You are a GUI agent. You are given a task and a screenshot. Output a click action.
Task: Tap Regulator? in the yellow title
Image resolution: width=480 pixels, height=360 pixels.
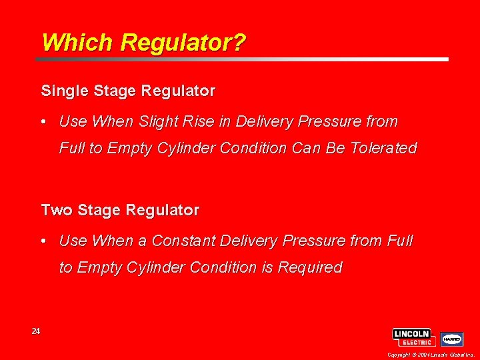tap(183, 43)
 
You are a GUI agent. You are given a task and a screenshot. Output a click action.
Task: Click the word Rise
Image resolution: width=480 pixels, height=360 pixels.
tap(195, 122)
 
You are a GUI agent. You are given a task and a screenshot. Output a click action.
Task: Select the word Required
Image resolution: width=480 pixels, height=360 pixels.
tap(310, 268)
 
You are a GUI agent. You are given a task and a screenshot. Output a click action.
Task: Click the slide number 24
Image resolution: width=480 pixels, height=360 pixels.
tap(36, 331)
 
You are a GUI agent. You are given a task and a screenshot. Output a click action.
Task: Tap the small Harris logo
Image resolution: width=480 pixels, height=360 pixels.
tap(452, 339)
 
